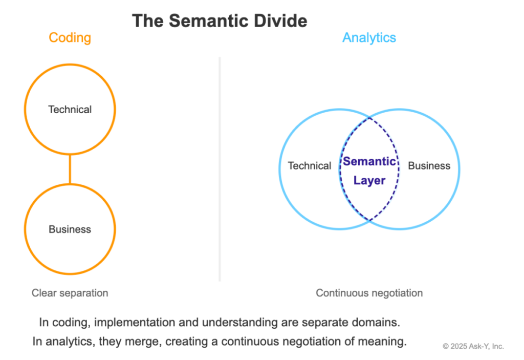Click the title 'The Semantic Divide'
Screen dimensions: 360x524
click(220, 20)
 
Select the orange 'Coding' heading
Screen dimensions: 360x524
click(70, 38)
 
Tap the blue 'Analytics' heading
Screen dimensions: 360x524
click(369, 38)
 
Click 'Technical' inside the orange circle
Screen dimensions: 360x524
click(70, 110)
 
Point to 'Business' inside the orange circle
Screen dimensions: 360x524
click(70, 229)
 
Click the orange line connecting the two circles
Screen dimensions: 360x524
click(70, 170)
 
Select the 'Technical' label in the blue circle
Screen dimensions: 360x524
click(310, 166)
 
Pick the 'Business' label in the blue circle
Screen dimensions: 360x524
click(429, 166)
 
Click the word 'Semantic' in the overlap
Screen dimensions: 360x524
click(369, 162)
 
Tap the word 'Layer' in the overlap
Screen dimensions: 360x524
click(369, 181)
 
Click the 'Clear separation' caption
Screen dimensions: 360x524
click(70, 293)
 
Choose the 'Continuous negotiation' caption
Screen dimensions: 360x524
click(369, 293)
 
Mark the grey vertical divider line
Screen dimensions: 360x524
click(220, 169)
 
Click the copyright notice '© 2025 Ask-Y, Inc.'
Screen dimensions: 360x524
click(473, 347)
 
